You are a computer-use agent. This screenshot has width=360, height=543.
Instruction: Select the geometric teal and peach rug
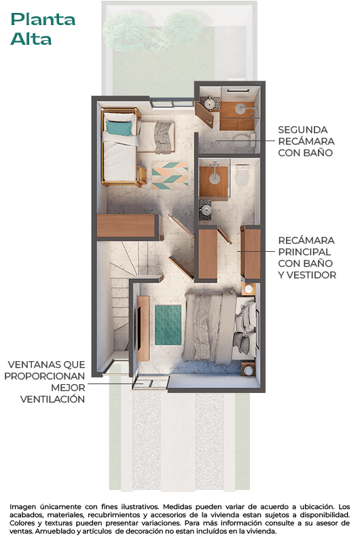click(170, 176)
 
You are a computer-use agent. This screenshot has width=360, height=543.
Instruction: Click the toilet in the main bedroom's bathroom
click(242, 178)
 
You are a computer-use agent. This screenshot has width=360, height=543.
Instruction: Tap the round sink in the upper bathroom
click(210, 103)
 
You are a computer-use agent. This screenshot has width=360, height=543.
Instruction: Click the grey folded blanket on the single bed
click(163, 134)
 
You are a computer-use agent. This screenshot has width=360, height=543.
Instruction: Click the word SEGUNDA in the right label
click(302, 129)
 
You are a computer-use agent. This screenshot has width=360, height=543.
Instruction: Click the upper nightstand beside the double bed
click(248, 289)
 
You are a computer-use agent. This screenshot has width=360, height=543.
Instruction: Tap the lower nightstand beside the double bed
click(248, 369)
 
